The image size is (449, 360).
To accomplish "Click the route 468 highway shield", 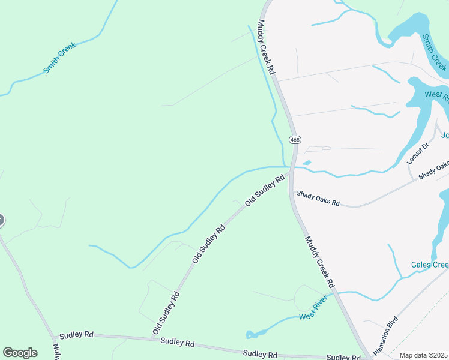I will pyautogui.click(x=294, y=140).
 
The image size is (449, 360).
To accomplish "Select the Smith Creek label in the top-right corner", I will pyautogui.click(x=433, y=51).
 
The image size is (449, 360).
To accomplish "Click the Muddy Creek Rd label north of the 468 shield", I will pyautogui.click(x=267, y=47).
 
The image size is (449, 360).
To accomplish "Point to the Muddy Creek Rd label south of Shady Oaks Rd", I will pyautogui.click(x=319, y=262).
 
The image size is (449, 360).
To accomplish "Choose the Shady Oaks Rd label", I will pyautogui.click(x=318, y=199).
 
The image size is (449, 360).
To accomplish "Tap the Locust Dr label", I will pyautogui.click(x=418, y=154).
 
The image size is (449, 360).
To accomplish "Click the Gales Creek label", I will pyautogui.click(x=429, y=265).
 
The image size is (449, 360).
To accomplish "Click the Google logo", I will pyautogui.click(x=20, y=353).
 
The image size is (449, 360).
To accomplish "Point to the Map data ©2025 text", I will pyautogui.click(x=423, y=355).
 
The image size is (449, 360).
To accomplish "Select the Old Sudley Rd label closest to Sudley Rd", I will pyautogui.click(x=166, y=313).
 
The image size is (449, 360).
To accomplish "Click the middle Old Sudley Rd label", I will pyautogui.click(x=209, y=244).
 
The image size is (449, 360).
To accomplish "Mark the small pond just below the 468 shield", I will pyautogui.click(x=306, y=163).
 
